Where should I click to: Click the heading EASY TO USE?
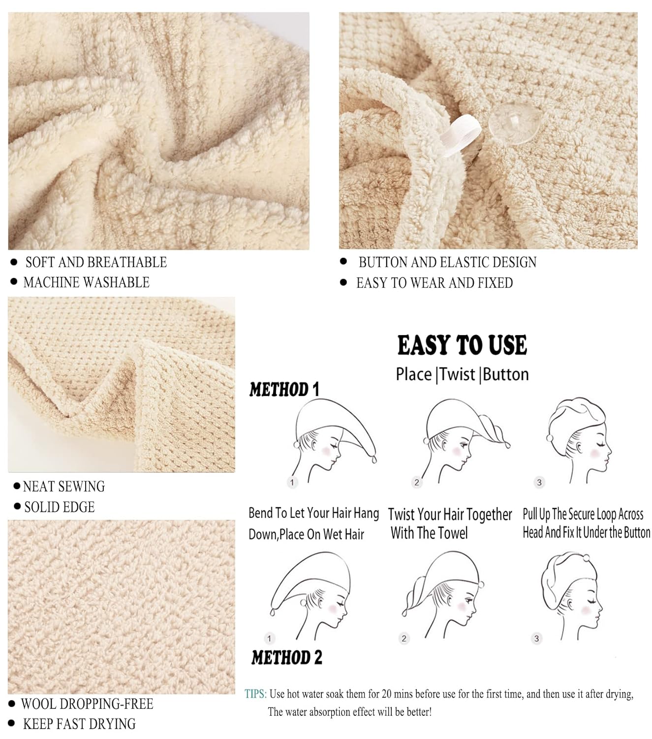pyautogui.click(x=462, y=345)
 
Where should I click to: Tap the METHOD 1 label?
pyautogui.click(x=284, y=390)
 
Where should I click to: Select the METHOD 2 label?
pyautogui.click(x=286, y=657)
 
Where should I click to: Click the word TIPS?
pyautogui.click(x=255, y=694)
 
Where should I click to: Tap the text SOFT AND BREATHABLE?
pyautogui.click(x=96, y=262)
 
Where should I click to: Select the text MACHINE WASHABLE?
pyautogui.click(x=86, y=282)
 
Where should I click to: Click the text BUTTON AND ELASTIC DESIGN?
pyautogui.click(x=447, y=262)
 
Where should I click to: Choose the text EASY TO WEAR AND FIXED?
pyautogui.click(x=434, y=283)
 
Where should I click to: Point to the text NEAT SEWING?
pyautogui.click(x=64, y=487)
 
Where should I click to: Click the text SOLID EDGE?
pyautogui.click(x=59, y=507)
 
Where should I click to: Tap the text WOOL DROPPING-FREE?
pyautogui.click(x=87, y=704)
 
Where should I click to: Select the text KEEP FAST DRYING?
pyautogui.click(x=79, y=724)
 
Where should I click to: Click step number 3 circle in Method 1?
pyautogui.click(x=539, y=482)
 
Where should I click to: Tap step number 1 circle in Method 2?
pyautogui.click(x=269, y=638)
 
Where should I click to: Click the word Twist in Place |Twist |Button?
pyautogui.click(x=458, y=374)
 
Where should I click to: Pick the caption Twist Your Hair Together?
pyautogui.click(x=450, y=515)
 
